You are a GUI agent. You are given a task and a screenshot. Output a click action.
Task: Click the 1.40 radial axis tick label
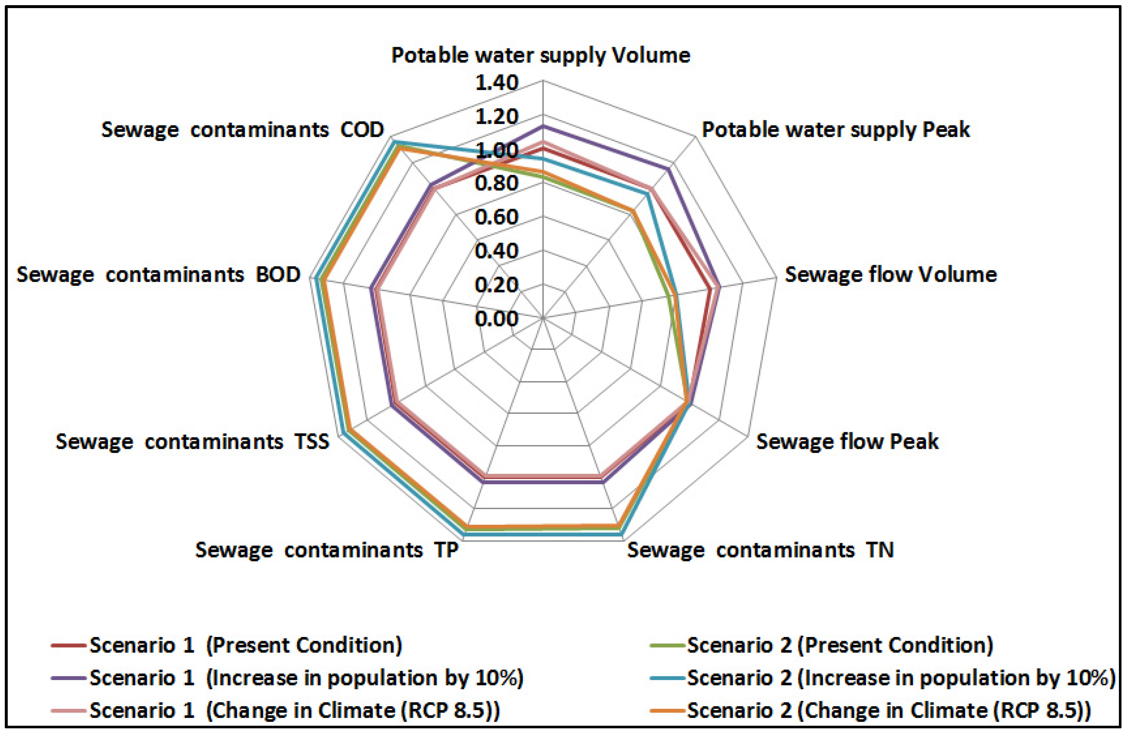tap(497, 83)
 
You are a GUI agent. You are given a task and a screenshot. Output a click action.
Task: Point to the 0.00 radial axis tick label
tap(497, 319)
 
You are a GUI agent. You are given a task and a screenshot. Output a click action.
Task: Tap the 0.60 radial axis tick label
tap(497, 217)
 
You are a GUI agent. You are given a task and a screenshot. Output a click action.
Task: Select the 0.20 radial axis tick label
tap(497, 285)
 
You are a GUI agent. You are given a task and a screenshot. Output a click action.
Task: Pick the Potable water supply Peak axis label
tap(835, 130)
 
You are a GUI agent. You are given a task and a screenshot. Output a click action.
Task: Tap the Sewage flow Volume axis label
tap(891, 275)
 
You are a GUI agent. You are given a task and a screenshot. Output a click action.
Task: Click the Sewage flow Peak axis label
tap(847, 441)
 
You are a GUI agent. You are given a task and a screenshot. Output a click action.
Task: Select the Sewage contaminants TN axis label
tap(761, 550)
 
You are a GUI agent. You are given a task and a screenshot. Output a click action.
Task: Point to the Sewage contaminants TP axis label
tap(327, 550)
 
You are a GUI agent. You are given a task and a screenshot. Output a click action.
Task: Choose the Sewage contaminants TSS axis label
tap(192, 441)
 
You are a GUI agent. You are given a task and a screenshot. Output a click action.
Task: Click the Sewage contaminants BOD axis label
tap(159, 275)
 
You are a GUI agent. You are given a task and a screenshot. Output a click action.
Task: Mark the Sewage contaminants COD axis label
tap(243, 130)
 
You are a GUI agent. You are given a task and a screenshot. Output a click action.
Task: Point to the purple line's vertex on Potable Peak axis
tap(669, 169)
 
